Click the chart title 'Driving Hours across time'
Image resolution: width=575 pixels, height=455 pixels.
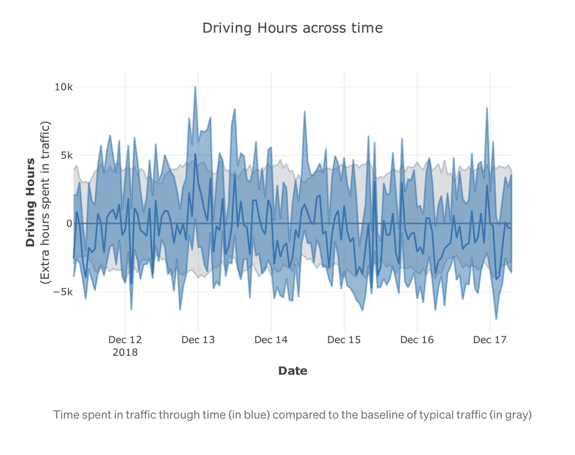(292, 28)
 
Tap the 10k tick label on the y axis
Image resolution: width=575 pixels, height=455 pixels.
(63, 87)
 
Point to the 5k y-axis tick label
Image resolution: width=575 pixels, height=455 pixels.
(66, 156)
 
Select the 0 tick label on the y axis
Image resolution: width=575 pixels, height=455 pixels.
(69, 224)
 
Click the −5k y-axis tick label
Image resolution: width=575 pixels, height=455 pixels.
(63, 292)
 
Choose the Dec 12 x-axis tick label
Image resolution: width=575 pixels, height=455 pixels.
(125, 340)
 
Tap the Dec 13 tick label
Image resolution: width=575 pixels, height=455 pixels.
(198, 340)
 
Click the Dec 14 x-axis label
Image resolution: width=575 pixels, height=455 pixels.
(271, 340)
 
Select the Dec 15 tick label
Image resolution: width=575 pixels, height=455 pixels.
(344, 340)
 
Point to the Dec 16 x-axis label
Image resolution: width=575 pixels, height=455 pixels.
(417, 340)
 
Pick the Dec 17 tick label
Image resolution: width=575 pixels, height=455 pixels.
(489, 340)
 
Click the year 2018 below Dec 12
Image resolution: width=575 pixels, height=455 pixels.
(125, 352)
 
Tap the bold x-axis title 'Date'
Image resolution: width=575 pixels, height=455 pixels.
(293, 371)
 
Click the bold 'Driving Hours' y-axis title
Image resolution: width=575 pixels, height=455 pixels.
(30, 202)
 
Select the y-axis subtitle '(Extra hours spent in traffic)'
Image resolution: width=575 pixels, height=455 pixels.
(45, 202)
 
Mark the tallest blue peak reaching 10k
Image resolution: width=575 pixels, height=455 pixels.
(195, 87)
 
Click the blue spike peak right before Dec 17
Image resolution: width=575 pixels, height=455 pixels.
(487, 109)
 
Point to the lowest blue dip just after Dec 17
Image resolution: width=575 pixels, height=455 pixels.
(496, 318)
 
